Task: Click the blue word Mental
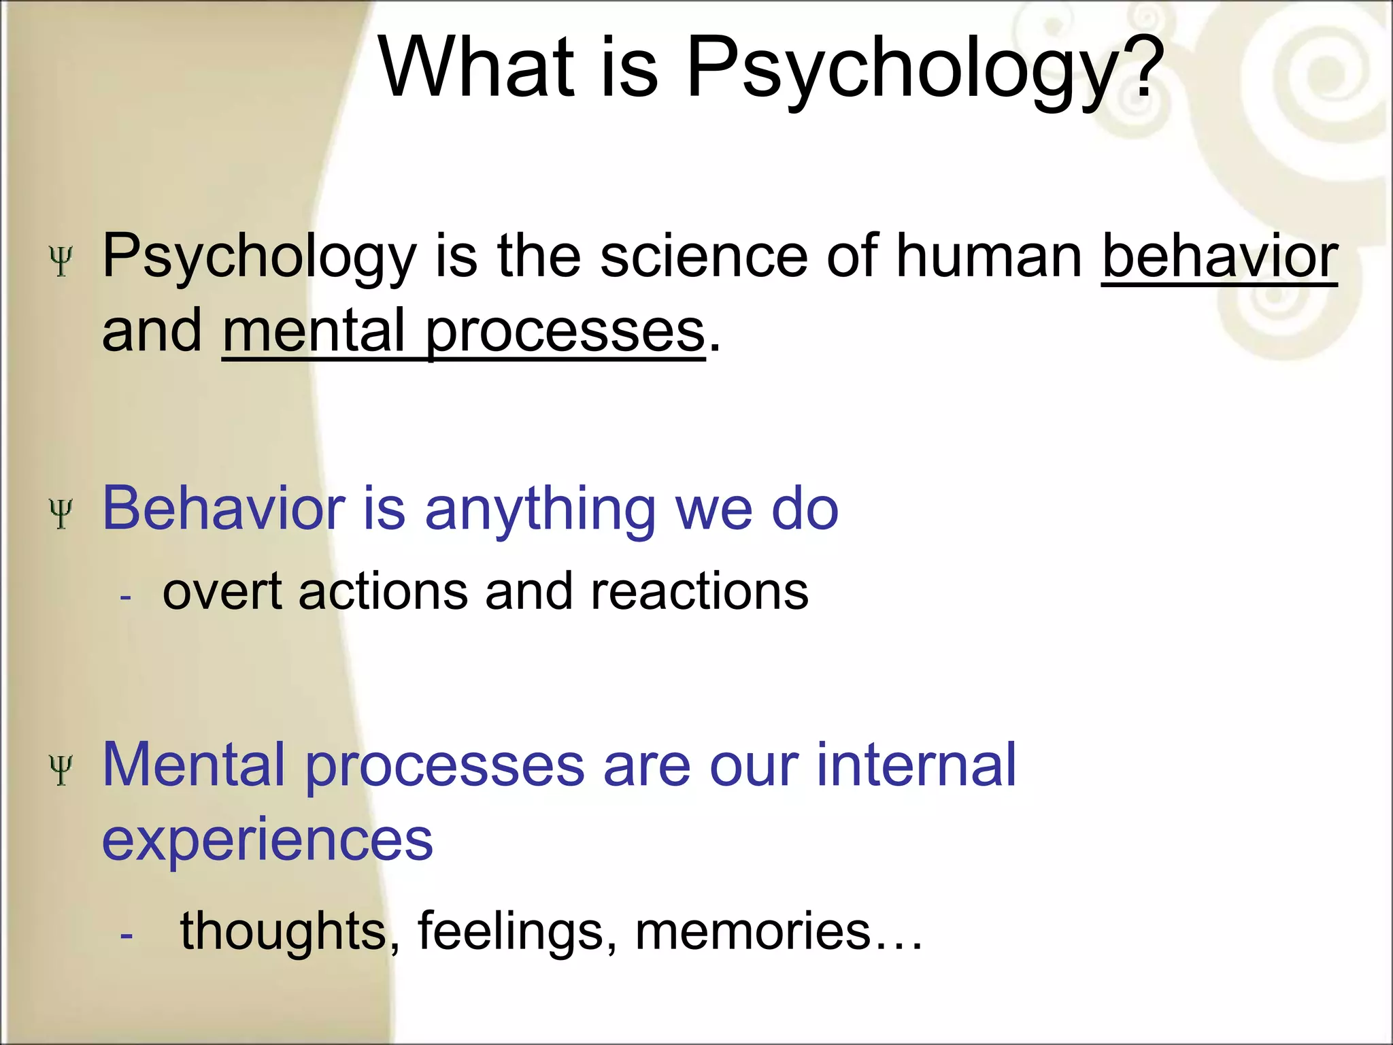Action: pos(193,765)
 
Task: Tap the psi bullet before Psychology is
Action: pos(61,261)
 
